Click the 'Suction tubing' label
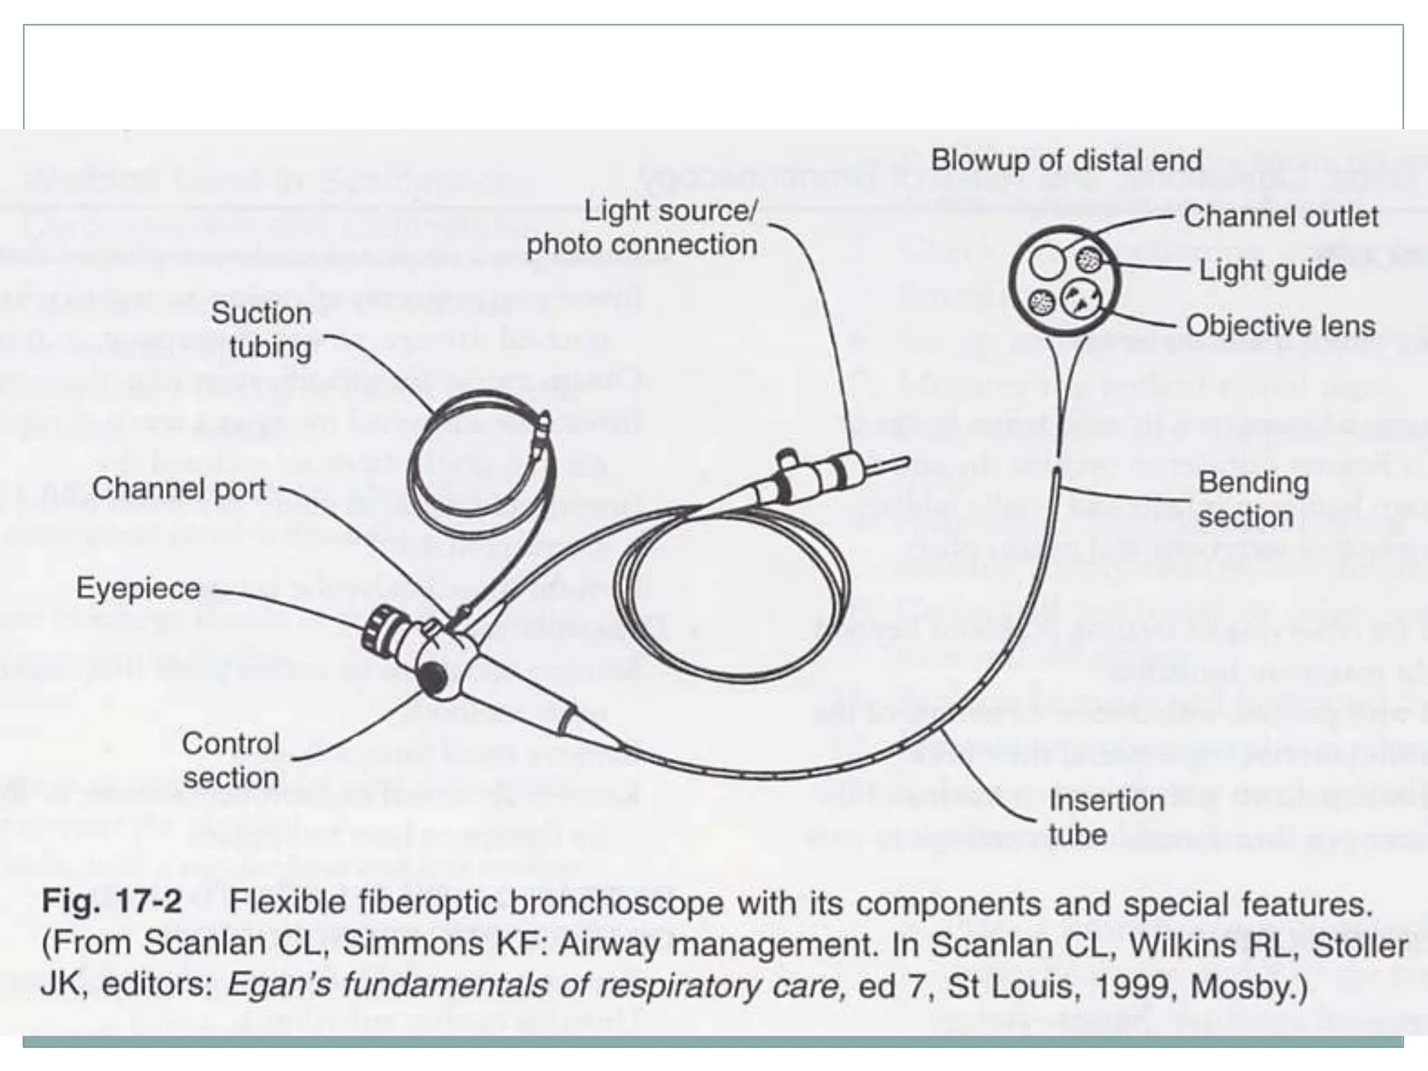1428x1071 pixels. point(261,330)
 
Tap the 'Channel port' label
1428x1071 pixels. point(179,489)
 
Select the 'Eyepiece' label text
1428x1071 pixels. point(138,588)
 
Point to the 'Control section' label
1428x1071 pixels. point(231,761)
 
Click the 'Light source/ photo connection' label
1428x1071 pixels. point(642,227)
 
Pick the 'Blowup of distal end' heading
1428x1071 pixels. point(1066,160)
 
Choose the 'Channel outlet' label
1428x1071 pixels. point(1280,216)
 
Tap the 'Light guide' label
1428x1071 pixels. point(1272,271)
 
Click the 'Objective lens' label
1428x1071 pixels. point(1280,326)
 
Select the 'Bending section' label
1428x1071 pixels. point(1253,499)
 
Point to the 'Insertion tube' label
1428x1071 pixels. point(1106,817)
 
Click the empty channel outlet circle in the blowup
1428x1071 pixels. point(1047,264)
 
